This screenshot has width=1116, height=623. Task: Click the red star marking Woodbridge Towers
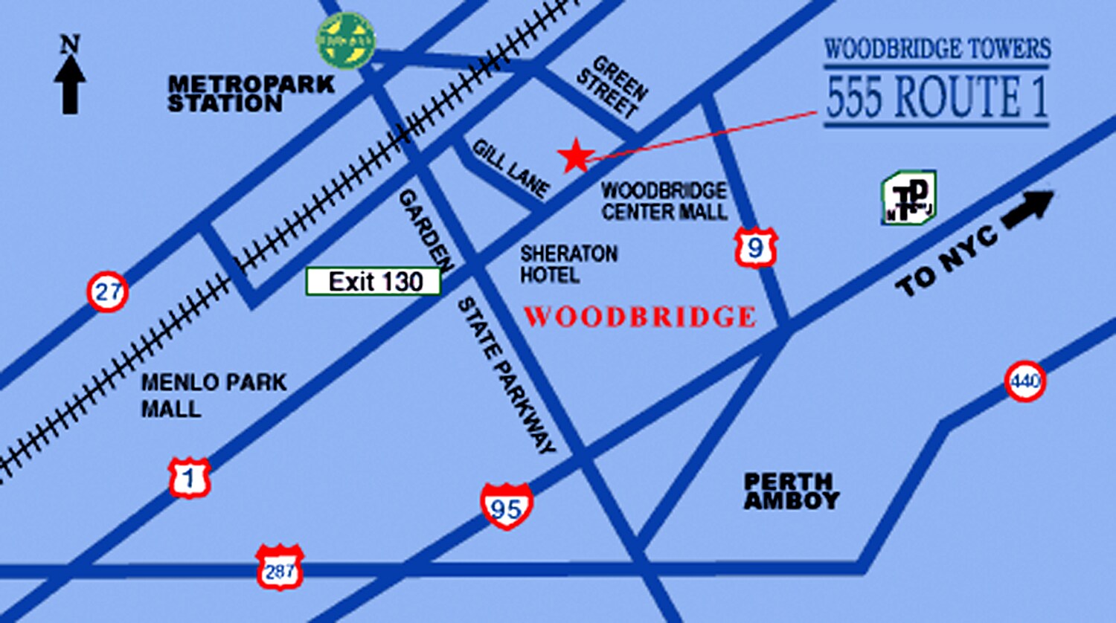pyautogui.click(x=576, y=156)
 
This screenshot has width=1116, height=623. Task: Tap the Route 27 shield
pyautogui.click(x=108, y=291)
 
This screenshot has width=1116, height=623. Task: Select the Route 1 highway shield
pyautogui.click(x=189, y=478)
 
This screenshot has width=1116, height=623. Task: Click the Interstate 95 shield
pyautogui.click(x=507, y=506)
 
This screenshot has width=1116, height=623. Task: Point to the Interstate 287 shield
pyautogui.click(x=280, y=568)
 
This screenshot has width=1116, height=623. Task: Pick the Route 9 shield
pyautogui.click(x=756, y=248)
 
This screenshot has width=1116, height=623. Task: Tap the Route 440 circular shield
pyautogui.click(x=1025, y=381)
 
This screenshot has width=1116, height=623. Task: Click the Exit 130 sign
pyautogui.click(x=373, y=282)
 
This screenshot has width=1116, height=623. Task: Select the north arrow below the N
pyautogui.click(x=70, y=85)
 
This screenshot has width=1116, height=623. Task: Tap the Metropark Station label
pyautogui.click(x=250, y=94)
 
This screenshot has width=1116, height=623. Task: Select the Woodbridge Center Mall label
pyautogui.click(x=664, y=201)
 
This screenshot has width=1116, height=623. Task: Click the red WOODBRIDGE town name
pyautogui.click(x=640, y=317)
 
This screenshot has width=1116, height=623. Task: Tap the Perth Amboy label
pyautogui.click(x=791, y=491)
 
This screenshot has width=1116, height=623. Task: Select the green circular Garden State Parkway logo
pyautogui.click(x=346, y=40)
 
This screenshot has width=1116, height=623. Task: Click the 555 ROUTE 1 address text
pyautogui.click(x=937, y=97)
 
